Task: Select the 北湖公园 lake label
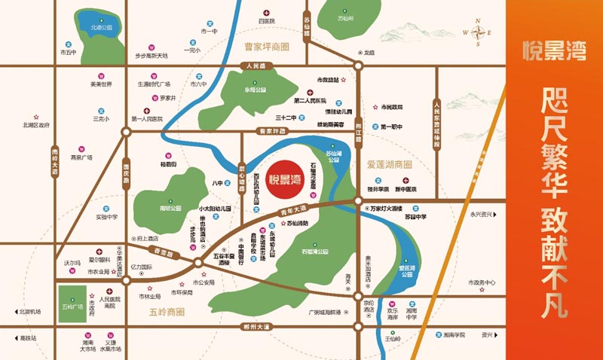click(x=101, y=28)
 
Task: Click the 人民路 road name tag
click(x=256, y=66)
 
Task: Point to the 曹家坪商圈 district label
click(x=267, y=47)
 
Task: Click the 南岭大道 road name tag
click(x=54, y=161)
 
